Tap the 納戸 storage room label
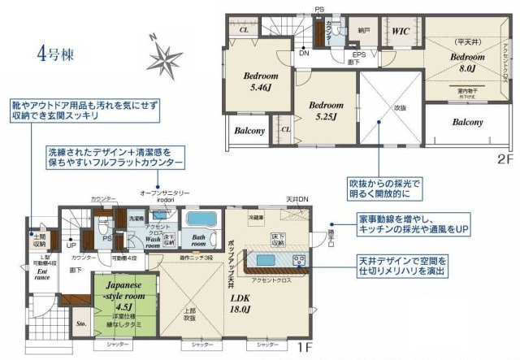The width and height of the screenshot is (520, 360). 364,30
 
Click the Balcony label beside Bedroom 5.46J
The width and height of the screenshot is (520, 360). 250,131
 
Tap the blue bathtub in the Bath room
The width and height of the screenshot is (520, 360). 198,220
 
